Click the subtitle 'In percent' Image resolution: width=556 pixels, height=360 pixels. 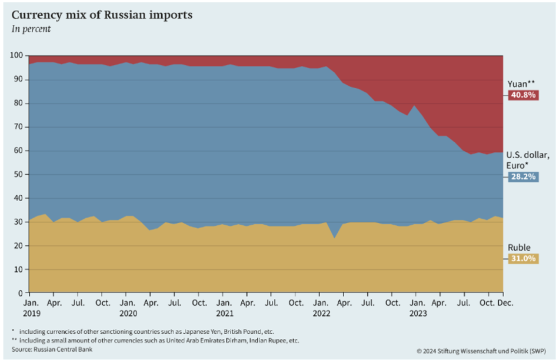[x=31, y=29]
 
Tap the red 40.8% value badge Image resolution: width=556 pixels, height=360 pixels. [x=522, y=95]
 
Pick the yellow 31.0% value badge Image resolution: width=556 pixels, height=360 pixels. [x=522, y=258]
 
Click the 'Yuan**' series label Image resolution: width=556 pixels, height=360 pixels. [x=521, y=84]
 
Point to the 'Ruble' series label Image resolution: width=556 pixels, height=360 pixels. [x=519, y=248]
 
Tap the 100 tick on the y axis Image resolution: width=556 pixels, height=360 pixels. [x=16, y=56]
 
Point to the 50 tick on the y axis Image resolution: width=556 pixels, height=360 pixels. [x=18, y=175]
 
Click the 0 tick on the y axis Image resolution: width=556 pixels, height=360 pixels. [x=20, y=293]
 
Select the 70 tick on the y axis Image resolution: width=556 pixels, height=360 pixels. [x=18, y=127]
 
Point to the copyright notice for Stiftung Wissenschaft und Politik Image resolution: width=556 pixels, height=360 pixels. [x=481, y=350]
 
